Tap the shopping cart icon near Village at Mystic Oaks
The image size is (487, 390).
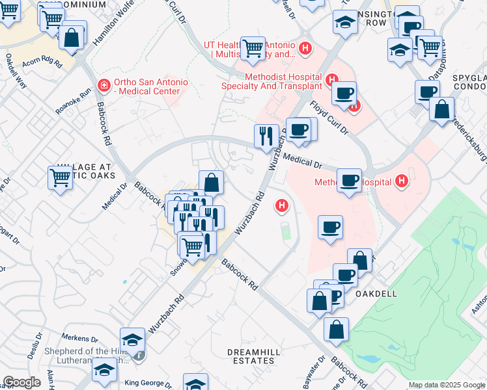60,177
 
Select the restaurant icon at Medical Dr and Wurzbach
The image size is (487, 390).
266,136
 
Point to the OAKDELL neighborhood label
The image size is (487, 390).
378,294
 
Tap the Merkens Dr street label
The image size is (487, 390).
79,339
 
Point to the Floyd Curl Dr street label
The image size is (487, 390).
329,117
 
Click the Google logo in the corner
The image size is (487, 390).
21,382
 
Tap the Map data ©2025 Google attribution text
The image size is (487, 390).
447,385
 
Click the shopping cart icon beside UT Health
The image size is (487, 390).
253,47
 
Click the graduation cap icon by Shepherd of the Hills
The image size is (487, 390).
132,339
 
